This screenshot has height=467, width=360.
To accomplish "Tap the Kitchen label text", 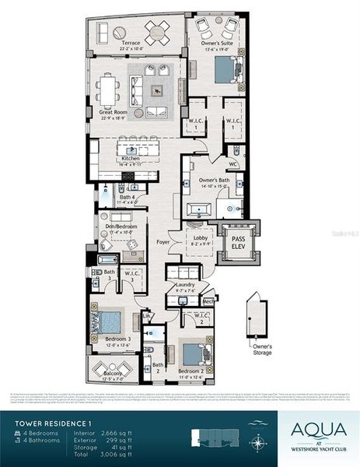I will click(x=130, y=158).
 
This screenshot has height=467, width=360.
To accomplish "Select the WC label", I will click(x=232, y=163).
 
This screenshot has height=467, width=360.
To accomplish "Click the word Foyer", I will click(x=163, y=242).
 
